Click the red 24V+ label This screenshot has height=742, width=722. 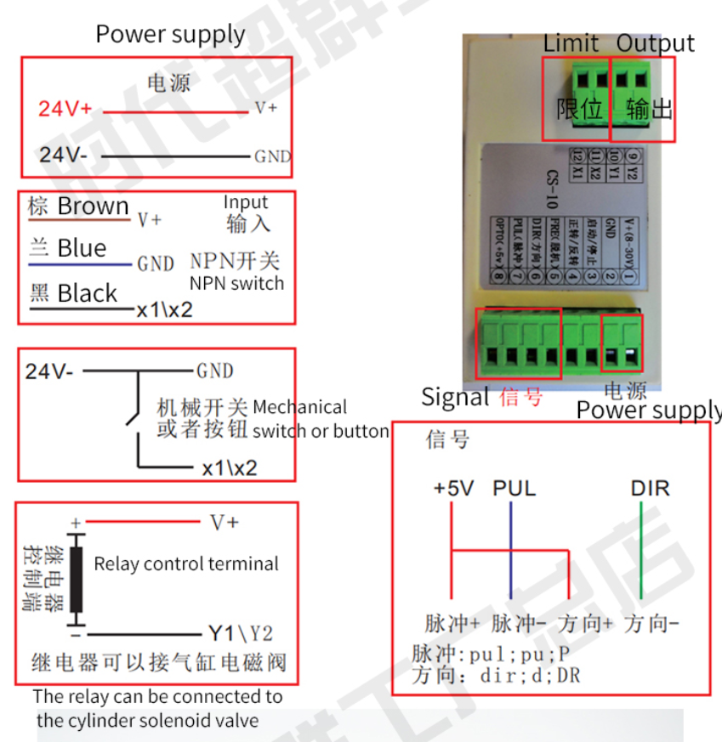65,109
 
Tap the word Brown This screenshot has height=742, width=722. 93,207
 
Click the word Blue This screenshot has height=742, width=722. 82,248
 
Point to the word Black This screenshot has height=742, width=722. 87,293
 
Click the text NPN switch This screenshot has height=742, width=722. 236,283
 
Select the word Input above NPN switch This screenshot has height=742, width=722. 246,202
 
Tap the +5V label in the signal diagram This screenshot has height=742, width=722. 453,489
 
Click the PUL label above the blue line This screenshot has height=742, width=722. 514,489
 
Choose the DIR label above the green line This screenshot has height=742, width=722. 650,489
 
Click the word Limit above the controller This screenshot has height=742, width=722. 571,42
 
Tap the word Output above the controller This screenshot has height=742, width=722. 655,42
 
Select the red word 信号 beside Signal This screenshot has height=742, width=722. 521,397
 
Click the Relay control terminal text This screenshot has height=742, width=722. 186,564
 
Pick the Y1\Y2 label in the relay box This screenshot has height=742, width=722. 241,633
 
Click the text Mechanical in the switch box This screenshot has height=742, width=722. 299,407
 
